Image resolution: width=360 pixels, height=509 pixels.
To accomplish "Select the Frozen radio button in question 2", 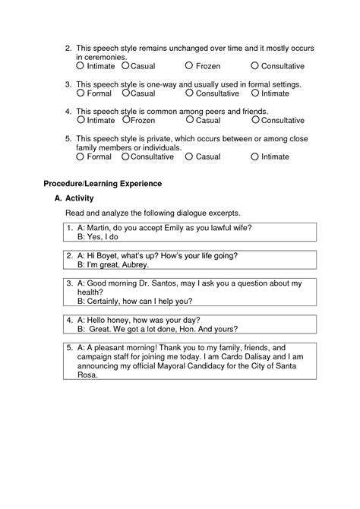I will (x=189, y=66).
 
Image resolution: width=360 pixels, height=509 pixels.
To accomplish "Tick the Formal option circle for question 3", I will (x=81, y=93).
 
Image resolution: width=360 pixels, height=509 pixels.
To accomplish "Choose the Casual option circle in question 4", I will (x=189, y=120).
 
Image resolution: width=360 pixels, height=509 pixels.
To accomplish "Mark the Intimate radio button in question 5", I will (x=255, y=156).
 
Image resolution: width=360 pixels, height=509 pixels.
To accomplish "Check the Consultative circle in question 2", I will (x=255, y=66).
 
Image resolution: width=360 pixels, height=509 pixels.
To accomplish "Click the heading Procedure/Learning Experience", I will (x=103, y=184).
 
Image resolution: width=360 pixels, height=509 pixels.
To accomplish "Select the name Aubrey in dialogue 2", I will (x=134, y=265).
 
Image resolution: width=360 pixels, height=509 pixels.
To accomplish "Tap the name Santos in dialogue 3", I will (x=160, y=283).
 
